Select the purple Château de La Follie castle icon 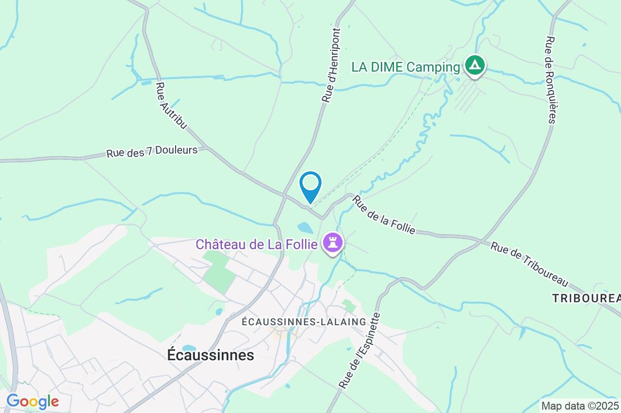click(333, 242)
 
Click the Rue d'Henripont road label click(331, 65)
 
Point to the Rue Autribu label click(170, 106)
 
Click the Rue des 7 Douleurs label click(152, 152)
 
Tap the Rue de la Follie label click(384, 214)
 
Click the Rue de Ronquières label click(550, 80)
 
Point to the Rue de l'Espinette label click(360, 350)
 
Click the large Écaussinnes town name click(211, 355)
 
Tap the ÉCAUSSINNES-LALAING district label click(304, 322)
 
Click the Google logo click(33, 401)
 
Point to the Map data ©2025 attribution click(580, 405)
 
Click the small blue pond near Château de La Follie click(305, 227)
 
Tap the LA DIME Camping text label click(405, 67)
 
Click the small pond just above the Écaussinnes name click(189, 348)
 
